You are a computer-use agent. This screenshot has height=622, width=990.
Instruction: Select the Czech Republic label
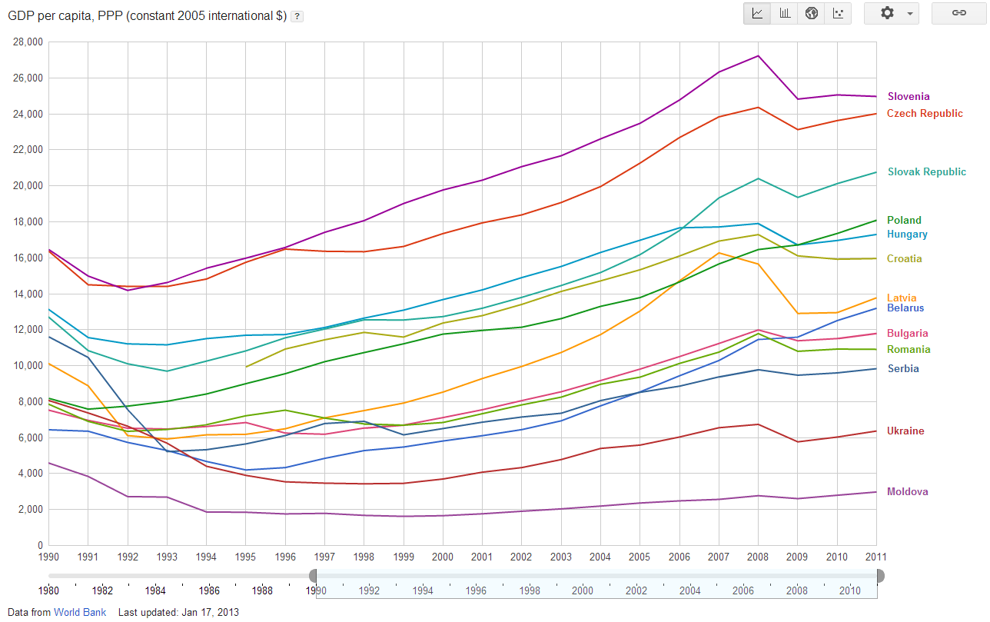[925, 114]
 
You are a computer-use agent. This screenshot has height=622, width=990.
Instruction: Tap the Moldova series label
[907, 492]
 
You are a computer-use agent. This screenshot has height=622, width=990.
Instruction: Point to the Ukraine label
[905, 431]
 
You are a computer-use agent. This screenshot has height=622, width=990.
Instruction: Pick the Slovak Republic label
[926, 172]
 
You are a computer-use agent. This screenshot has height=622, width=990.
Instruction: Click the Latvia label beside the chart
[902, 298]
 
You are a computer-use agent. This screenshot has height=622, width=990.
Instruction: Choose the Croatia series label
[904, 259]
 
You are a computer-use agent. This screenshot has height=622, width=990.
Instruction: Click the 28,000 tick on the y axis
[28, 42]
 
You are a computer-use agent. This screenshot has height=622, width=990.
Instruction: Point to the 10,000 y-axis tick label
[28, 366]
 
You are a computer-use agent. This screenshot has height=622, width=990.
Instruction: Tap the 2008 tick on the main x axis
[758, 556]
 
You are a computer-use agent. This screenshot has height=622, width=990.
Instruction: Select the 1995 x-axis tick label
[245, 556]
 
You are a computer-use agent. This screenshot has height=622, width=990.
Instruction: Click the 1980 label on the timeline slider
[49, 590]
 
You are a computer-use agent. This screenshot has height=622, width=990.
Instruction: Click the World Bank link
[80, 613]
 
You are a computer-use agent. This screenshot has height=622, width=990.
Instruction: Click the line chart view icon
[757, 13]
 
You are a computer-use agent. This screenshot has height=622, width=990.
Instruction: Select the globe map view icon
[811, 13]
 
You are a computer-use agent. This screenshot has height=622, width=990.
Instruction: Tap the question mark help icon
[297, 16]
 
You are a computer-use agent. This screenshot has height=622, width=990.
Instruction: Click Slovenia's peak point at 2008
[758, 55]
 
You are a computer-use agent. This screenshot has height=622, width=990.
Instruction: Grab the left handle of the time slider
[313, 576]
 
